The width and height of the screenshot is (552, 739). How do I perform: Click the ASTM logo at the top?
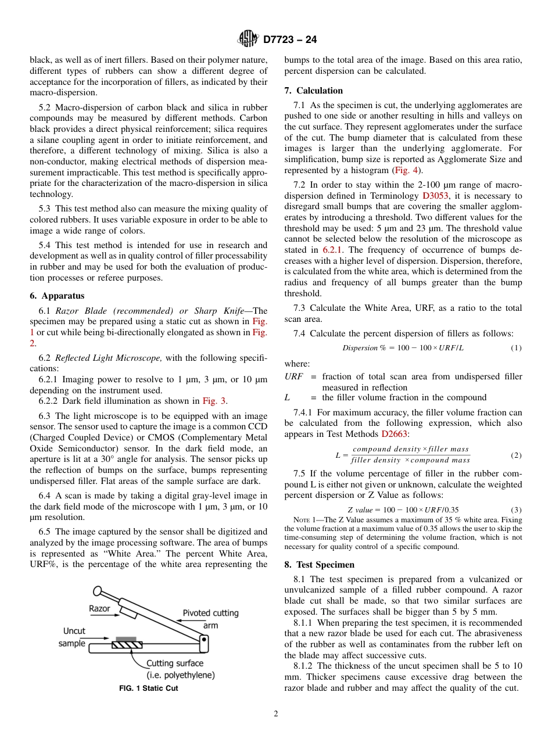click(248, 40)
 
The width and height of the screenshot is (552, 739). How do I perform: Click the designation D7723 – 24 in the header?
click(290, 40)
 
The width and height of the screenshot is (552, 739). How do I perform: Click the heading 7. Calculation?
click(313, 91)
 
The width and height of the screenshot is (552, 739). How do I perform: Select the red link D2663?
click(395, 434)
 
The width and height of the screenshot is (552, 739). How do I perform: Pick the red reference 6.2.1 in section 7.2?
click(334, 249)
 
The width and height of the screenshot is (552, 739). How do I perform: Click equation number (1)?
click(515, 348)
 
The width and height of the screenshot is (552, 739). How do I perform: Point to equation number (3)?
click(515, 509)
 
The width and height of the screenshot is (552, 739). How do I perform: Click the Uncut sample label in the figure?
click(73, 637)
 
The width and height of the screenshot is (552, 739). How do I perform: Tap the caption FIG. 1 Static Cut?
click(148, 688)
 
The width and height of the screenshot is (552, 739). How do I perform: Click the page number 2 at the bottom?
click(276, 714)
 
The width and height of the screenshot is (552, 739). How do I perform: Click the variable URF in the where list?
click(293, 376)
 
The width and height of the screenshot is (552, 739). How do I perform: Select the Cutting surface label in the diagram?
click(174, 669)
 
